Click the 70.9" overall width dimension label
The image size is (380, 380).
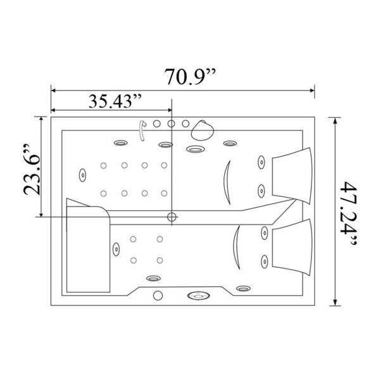[x=190, y=77]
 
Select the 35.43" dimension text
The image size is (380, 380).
[x=115, y=101]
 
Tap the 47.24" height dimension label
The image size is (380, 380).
[x=348, y=214]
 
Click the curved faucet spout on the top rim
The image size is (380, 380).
[x=142, y=130]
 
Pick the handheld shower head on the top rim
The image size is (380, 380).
[x=203, y=130]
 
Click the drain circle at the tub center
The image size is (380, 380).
[x=172, y=217]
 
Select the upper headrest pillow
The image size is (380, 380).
[x=292, y=175]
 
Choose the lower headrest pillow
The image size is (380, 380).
[x=292, y=247]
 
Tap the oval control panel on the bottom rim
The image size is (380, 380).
[x=199, y=296]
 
